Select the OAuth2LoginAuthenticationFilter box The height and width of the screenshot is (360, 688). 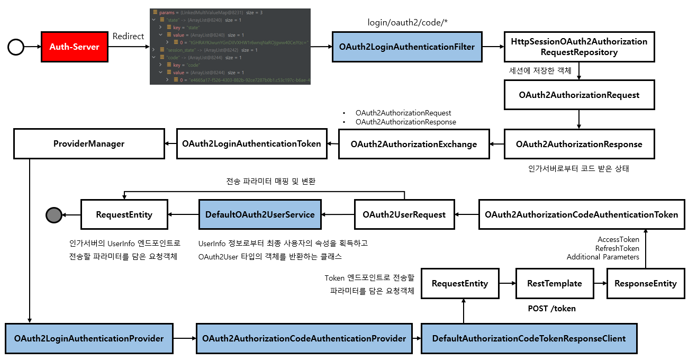[x=407, y=47]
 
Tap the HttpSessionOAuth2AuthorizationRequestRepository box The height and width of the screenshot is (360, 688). [x=579, y=47]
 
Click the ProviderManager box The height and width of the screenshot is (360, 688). [x=89, y=143]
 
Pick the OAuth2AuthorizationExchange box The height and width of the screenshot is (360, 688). [x=413, y=144]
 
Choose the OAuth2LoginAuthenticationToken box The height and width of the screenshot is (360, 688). [x=251, y=143]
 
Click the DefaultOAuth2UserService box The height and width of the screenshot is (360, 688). [x=260, y=214]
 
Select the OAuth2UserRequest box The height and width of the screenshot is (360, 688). [x=404, y=214]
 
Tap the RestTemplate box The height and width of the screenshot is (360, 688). [x=554, y=283]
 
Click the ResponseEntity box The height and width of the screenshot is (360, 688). [x=645, y=283]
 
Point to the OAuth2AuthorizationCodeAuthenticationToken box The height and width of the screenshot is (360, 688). [x=581, y=214]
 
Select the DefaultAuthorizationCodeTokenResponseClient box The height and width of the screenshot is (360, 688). [x=529, y=338]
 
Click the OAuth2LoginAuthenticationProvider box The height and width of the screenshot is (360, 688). [x=89, y=338]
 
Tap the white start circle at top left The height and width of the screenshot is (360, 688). [x=16, y=47]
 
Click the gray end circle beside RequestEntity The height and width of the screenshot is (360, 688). [x=53, y=215]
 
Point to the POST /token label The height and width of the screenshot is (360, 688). [x=551, y=308]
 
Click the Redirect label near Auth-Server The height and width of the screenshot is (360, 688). [x=128, y=36]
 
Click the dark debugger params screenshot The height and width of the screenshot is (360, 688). [x=230, y=47]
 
